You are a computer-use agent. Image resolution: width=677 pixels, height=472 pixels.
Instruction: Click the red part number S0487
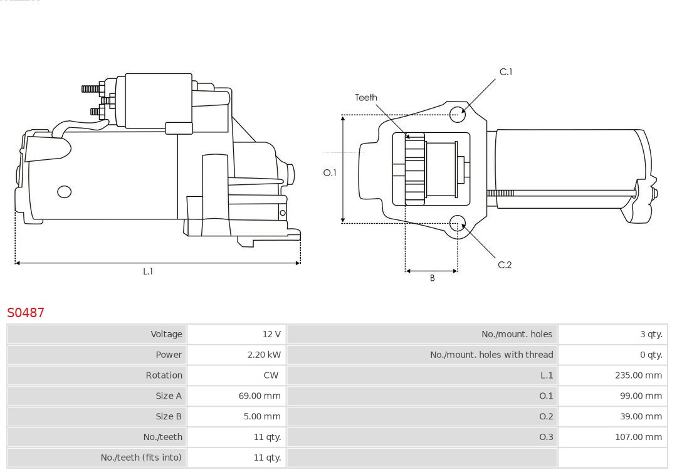[x=26, y=312]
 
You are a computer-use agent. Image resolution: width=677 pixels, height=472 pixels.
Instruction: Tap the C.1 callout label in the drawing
[x=505, y=72]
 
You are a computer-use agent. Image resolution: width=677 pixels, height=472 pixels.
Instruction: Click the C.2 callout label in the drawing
[x=505, y=265]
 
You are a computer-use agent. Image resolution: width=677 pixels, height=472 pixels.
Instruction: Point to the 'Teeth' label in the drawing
[x=366, y=98]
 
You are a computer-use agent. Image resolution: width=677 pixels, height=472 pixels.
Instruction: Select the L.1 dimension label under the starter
[x=148, y=271]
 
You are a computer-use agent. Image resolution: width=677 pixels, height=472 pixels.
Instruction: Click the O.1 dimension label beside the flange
[x=330, y=173]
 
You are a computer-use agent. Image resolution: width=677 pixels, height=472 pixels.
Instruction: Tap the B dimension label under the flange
[x=432, y=278]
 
